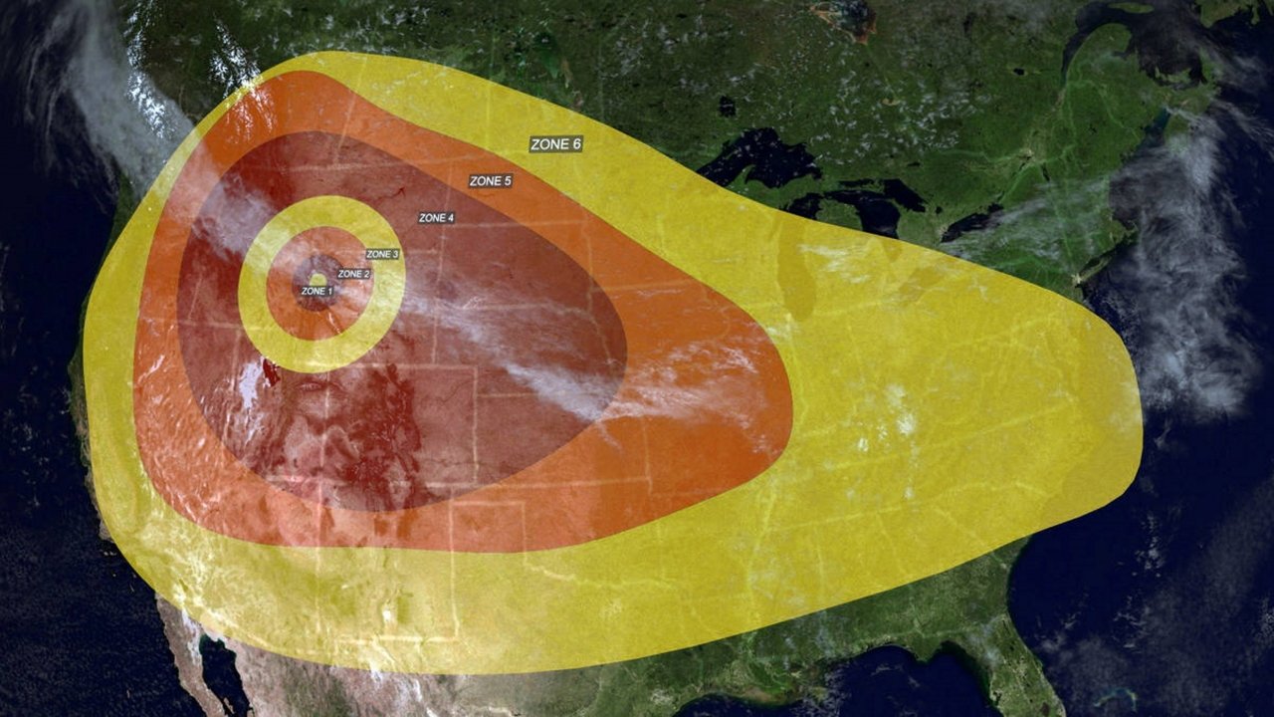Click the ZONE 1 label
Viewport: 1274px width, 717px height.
(317, 291)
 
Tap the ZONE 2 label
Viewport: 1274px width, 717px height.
(353, 274)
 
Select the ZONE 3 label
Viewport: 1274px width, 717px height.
(382, 255)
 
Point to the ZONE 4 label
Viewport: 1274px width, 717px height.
(437, 218)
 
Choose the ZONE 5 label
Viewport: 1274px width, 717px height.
(490, 181)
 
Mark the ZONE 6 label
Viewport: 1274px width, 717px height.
(555, 144)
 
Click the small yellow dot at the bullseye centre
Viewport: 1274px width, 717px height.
(318, 279)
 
